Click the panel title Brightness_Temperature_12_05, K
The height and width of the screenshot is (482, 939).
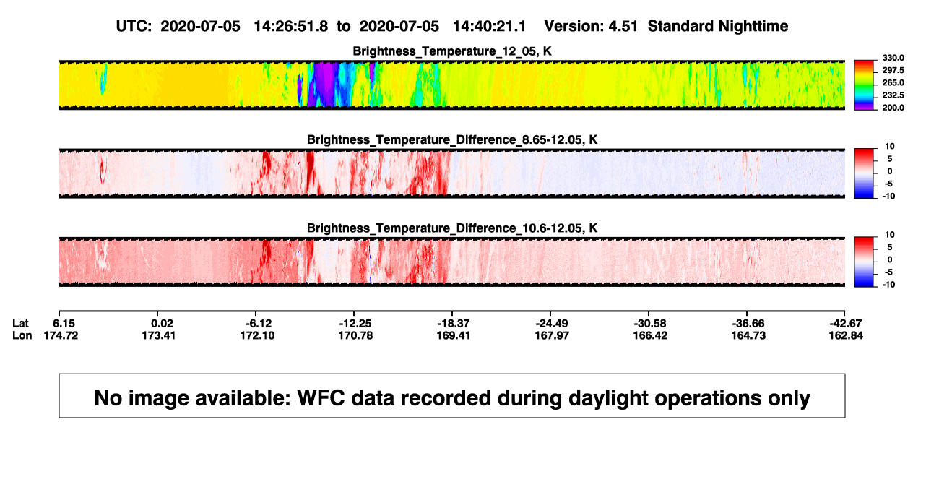pyautogui.click(x=452, y=51)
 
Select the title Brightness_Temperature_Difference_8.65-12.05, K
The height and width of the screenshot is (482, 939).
pyautogui.click(x=452, y=139)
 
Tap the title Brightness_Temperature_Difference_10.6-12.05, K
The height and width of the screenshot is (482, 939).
pyautogui.click(x=452, y=228)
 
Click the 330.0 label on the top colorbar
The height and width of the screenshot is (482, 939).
pyautogui.click(x=893, y=58)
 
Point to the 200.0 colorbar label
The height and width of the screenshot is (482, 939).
pyautogui.click(x=893, y=108)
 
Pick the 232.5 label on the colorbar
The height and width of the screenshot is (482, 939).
pyautogui.click(x=893, y=95)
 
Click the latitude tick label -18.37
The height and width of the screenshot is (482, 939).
pyautogui.click(x=454, y=324)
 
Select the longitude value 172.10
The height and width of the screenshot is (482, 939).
pyautogui.click(x=257, y=335)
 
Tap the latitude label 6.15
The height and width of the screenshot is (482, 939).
pyautogui.click(x=64, y=324)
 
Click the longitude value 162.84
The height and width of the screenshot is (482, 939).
pyautogui.click(x=846, y=335)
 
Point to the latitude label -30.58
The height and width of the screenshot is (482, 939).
pyautogui.click(x=650, y=324)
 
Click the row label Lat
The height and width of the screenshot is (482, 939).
pyautogui.click(x=20, y=324)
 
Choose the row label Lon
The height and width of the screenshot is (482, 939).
pyautogui.click(x=22, y=335)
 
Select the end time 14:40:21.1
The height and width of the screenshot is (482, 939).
pyautogui.click(x=489, y=26)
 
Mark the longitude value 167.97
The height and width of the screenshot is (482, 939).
pyautogui.click(x=552, y=335)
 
